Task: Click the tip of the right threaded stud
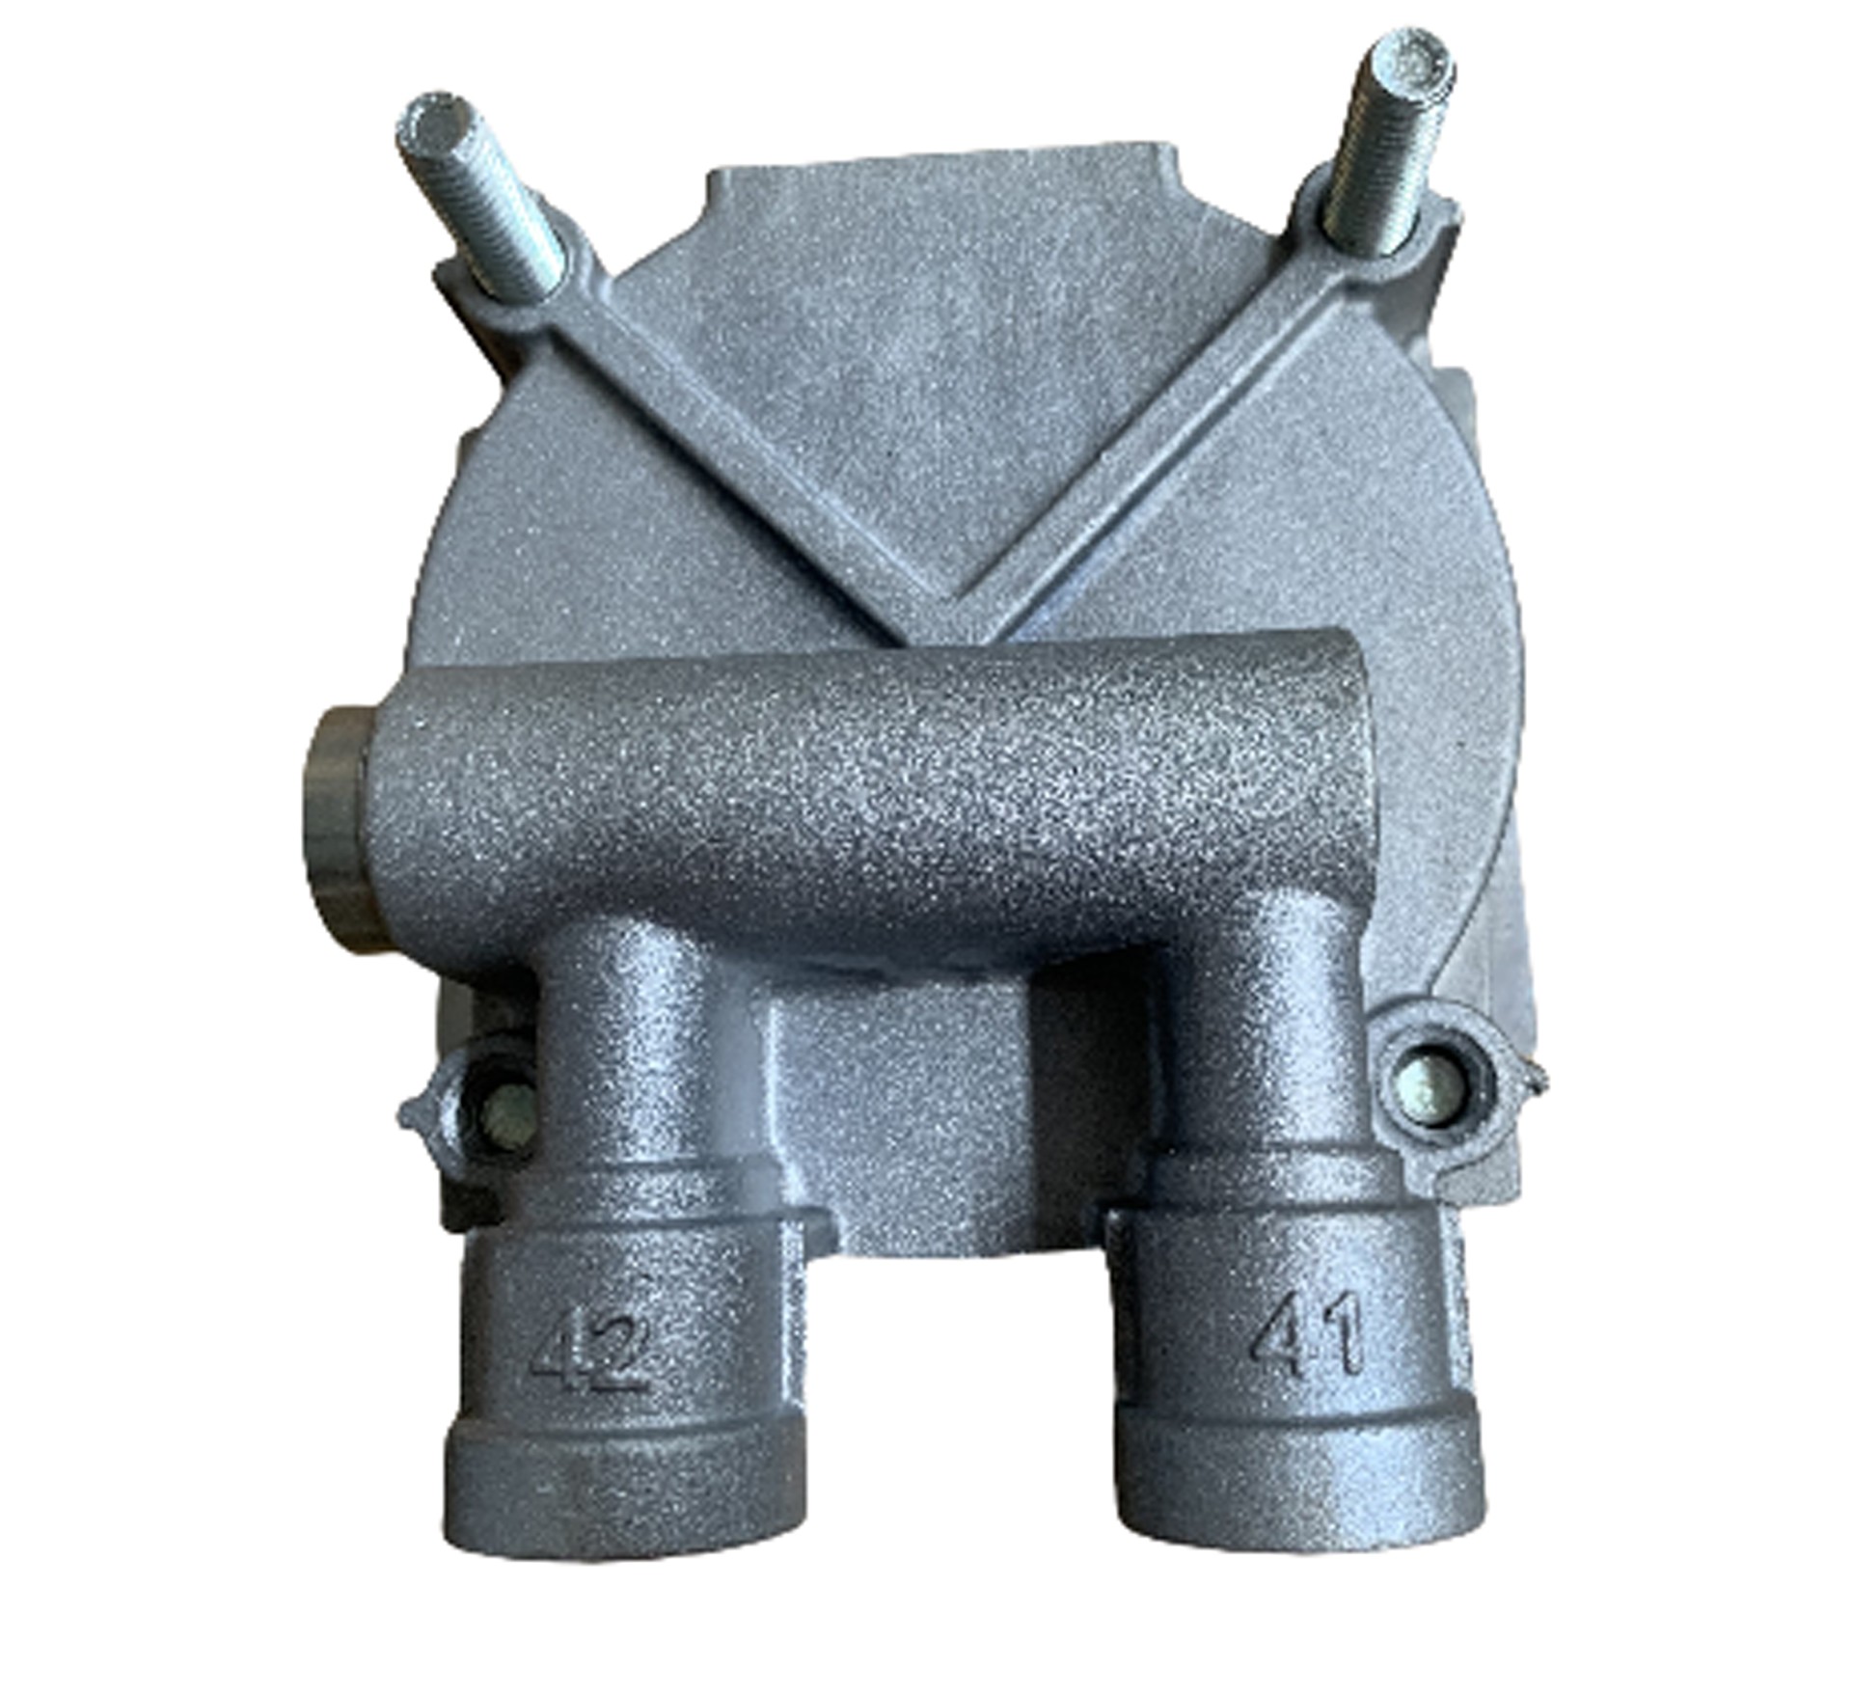[x=1416, y=64]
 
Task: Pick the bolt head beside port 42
[x=507, y=1119]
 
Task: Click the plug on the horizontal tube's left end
[x=338, y=828]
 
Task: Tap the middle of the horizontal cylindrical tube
[x=868, y=801]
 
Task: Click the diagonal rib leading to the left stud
[x=733, y=424]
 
